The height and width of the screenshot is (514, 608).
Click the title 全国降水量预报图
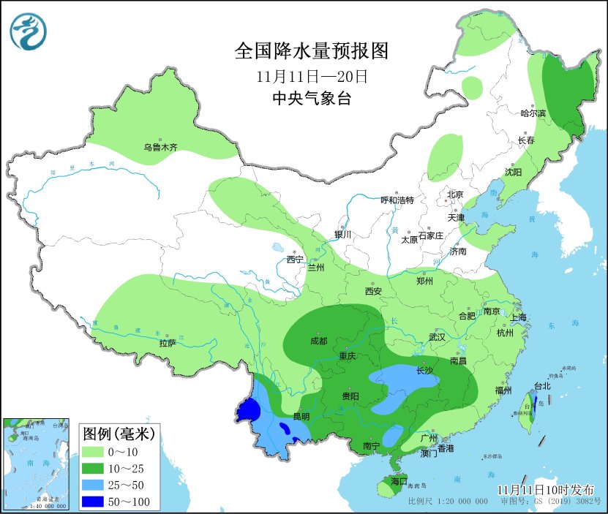coord(310,50)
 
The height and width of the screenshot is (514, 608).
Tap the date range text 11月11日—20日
coord(311,76)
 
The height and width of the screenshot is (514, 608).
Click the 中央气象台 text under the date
coord(311,99)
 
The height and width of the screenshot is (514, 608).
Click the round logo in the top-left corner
coord(28,31)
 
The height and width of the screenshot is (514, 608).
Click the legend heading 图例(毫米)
coord(116,434)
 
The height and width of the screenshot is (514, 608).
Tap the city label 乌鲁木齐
coord(160,147)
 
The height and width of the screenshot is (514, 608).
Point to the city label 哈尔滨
coord(533,113)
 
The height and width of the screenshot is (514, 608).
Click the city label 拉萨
coord(167,342)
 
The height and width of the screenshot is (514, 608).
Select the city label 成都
coord(318,341)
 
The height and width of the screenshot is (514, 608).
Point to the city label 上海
coord(518,317)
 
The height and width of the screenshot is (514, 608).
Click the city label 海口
coord(399,482)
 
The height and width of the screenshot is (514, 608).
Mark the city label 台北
coord(541,386)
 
